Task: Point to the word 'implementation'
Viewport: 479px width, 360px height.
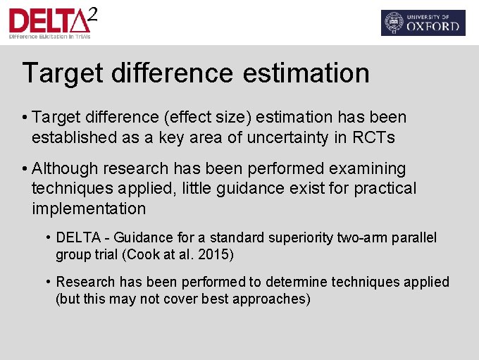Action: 89,209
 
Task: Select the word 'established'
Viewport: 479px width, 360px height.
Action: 75,138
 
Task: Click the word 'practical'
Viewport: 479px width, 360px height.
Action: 385,189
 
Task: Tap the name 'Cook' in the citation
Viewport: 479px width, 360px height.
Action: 139,254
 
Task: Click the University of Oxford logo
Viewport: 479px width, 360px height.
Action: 423,23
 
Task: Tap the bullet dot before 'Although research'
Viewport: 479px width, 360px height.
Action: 25,169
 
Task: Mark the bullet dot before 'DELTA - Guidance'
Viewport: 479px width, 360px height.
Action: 48,237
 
